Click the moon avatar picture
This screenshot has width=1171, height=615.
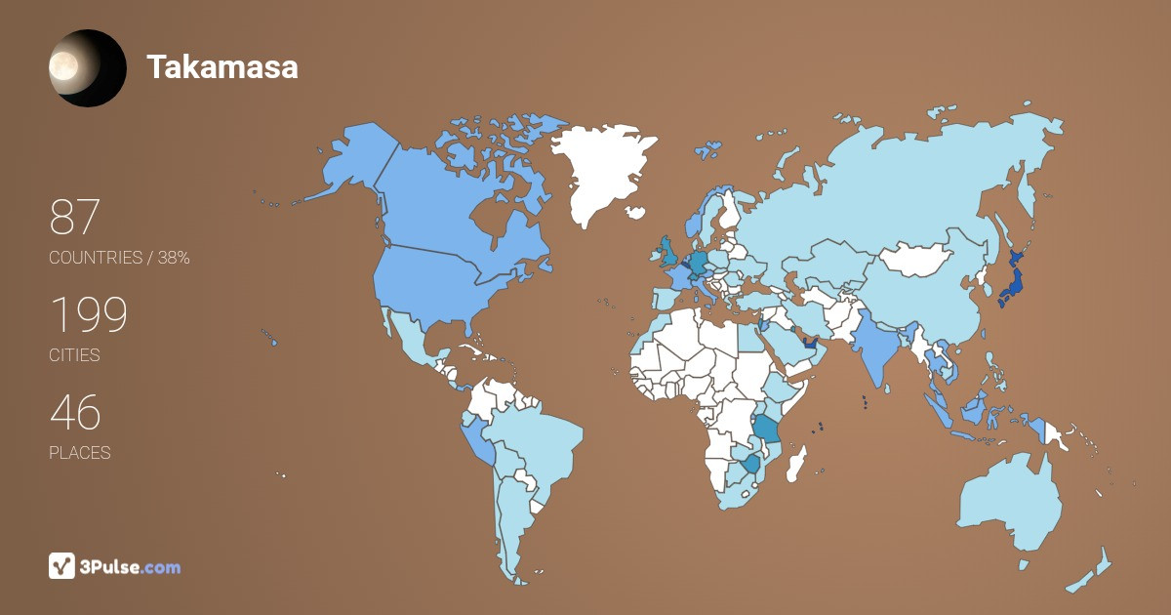(x=87, y=67)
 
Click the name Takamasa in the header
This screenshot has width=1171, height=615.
(x=222, y=66)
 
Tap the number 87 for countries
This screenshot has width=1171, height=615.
(x=75, y=217)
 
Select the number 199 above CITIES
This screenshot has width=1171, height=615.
(x=89, y=315)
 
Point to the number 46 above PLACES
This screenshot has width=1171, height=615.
(x=75, y=413)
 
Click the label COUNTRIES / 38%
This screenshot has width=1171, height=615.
(x=119, y=258)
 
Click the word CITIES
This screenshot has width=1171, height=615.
(x=74, y=355)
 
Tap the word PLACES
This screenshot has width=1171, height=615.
(x=79, y=453)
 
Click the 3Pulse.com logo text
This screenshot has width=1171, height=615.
(x=130, y=566)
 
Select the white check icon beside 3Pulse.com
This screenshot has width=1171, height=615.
(x=61, y=565)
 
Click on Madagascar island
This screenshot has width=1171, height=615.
(x=797, y=464)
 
